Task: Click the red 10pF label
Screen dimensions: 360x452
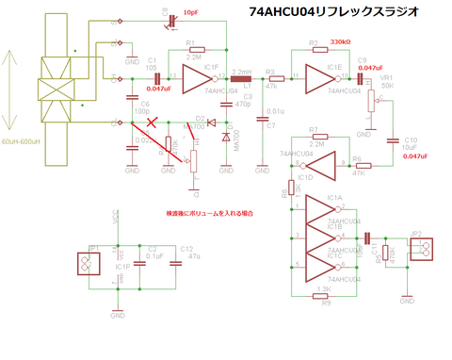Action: point(191,12)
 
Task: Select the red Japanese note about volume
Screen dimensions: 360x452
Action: point(210,215)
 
